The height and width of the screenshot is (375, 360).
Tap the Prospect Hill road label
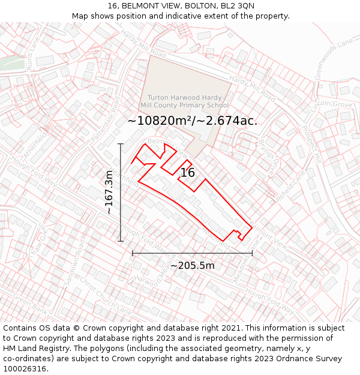click(311, 144)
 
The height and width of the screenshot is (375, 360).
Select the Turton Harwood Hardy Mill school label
click(188, 101)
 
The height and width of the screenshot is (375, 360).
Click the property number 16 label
click(188, 173)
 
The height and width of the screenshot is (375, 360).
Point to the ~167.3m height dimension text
click(109, 192)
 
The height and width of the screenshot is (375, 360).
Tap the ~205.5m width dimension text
click(192, 265)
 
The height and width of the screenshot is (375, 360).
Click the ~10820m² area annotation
click(192, 121)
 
